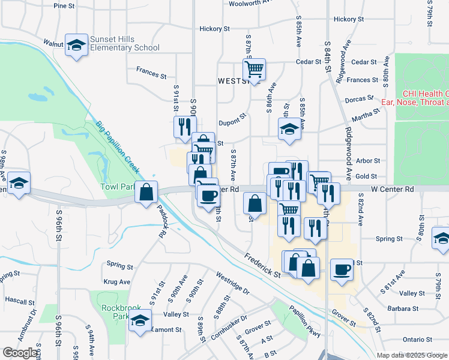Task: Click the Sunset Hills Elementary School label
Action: [x=125, y=43]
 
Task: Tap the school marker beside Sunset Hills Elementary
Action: [x=76, y=45]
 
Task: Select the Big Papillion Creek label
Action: [x=117, y=145]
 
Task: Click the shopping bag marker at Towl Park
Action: [x=146, y=193]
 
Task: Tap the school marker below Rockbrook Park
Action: [x=140, y=321]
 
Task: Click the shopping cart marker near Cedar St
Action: [x=255, y=70]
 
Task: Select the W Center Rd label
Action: [x=393, y=189]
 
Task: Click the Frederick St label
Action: [x=262, y=265]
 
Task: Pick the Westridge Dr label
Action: [x=232, y=283]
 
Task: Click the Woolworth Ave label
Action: [x=252, y=3]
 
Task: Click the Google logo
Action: [x=20, y=353]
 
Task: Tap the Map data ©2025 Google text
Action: [x=411, y=355]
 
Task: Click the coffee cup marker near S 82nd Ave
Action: [x=342, y=269]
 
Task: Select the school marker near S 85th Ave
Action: [x=289, y=128]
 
